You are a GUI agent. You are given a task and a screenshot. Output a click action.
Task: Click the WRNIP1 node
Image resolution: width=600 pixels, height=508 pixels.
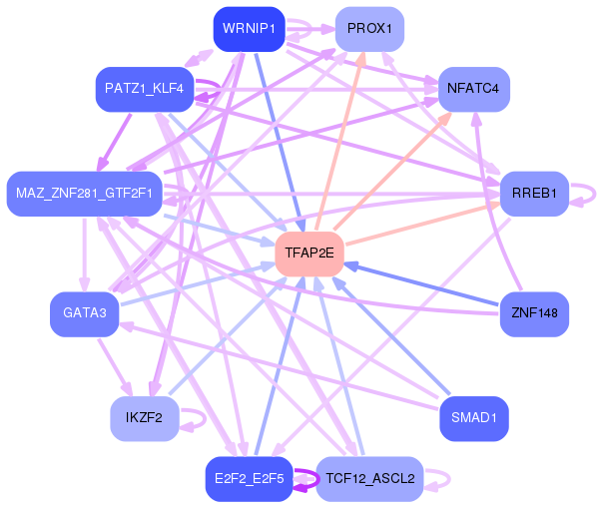click(250, 29)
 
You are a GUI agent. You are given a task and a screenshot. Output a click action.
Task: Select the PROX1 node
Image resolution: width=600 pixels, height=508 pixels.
click(369, 29)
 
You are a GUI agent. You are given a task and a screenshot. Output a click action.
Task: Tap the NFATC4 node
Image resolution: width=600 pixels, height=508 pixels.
click(473, 89)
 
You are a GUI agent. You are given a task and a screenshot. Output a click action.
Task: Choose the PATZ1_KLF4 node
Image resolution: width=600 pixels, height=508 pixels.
click(144, 89)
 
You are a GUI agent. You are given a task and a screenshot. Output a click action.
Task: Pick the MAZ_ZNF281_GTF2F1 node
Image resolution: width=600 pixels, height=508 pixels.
click(84, 193)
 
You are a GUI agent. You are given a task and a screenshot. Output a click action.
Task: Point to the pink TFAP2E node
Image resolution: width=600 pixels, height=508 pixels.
click(309, 254)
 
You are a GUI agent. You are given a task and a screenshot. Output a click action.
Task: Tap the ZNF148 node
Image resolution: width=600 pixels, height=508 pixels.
click(534, 313)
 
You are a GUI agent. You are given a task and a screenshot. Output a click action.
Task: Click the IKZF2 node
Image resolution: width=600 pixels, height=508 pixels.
click(144, 417)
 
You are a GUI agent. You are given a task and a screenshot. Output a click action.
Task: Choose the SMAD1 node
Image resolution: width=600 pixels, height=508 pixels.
click(474, 417)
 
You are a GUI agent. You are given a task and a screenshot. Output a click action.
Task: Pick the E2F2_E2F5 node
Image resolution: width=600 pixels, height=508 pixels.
click(249, 479)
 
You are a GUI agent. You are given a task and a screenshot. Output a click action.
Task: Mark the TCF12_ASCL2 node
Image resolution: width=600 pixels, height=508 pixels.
click(369, 479)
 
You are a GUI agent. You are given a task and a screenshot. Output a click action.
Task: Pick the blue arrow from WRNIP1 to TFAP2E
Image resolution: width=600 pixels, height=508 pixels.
click(279, 140)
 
